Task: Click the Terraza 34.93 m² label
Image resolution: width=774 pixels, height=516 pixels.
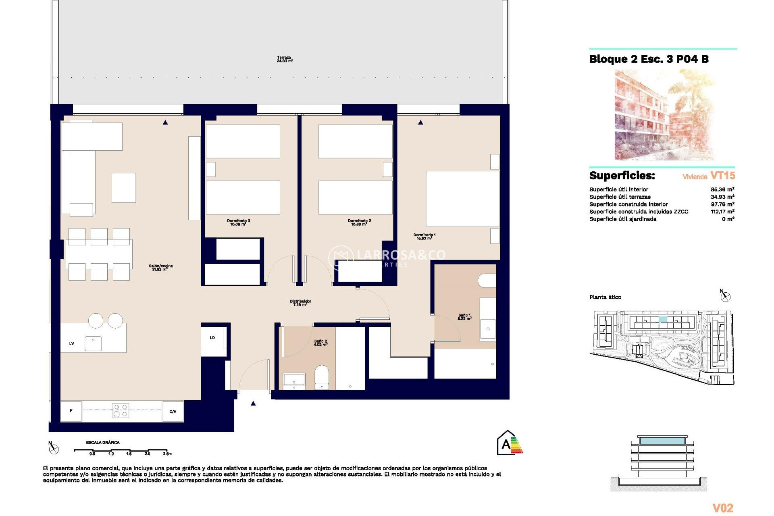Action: click(x=285, y=59)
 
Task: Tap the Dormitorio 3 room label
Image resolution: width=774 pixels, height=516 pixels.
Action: click(x=238, y=222)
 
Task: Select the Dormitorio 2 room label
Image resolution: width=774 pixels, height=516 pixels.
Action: click(x=359, y=222)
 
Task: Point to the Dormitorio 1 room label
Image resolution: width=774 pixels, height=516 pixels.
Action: click(x=424, y=236)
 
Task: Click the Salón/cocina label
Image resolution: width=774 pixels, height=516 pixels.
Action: click(x=160, y=267)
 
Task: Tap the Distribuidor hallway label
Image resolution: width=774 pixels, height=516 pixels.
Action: click(x=300, y=303)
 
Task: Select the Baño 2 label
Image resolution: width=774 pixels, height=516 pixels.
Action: click(x=320, y=343)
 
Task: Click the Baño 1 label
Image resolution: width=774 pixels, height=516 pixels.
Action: click(x=464, y=317)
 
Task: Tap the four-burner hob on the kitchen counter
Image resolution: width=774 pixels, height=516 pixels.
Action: click(x=120, y=410)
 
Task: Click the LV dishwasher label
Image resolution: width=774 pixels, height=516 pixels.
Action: click(x=71, y=344)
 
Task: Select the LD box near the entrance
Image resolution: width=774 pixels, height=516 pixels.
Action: click(x=212, y=338)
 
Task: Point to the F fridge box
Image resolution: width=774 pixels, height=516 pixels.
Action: click(x=71, y=411)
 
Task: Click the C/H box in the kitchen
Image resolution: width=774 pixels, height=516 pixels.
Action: click(x=173, y=412)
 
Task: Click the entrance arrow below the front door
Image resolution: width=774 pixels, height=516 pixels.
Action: click(x=253, y=404)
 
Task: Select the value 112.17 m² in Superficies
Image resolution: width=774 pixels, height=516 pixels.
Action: click(x=722, y=212)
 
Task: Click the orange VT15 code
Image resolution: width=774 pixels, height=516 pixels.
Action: click(x=722, y=176)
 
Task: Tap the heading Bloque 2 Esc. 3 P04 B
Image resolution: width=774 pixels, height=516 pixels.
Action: click(x=649, y=59)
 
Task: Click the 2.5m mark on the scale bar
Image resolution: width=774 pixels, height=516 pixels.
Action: click(x=167, y=454)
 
